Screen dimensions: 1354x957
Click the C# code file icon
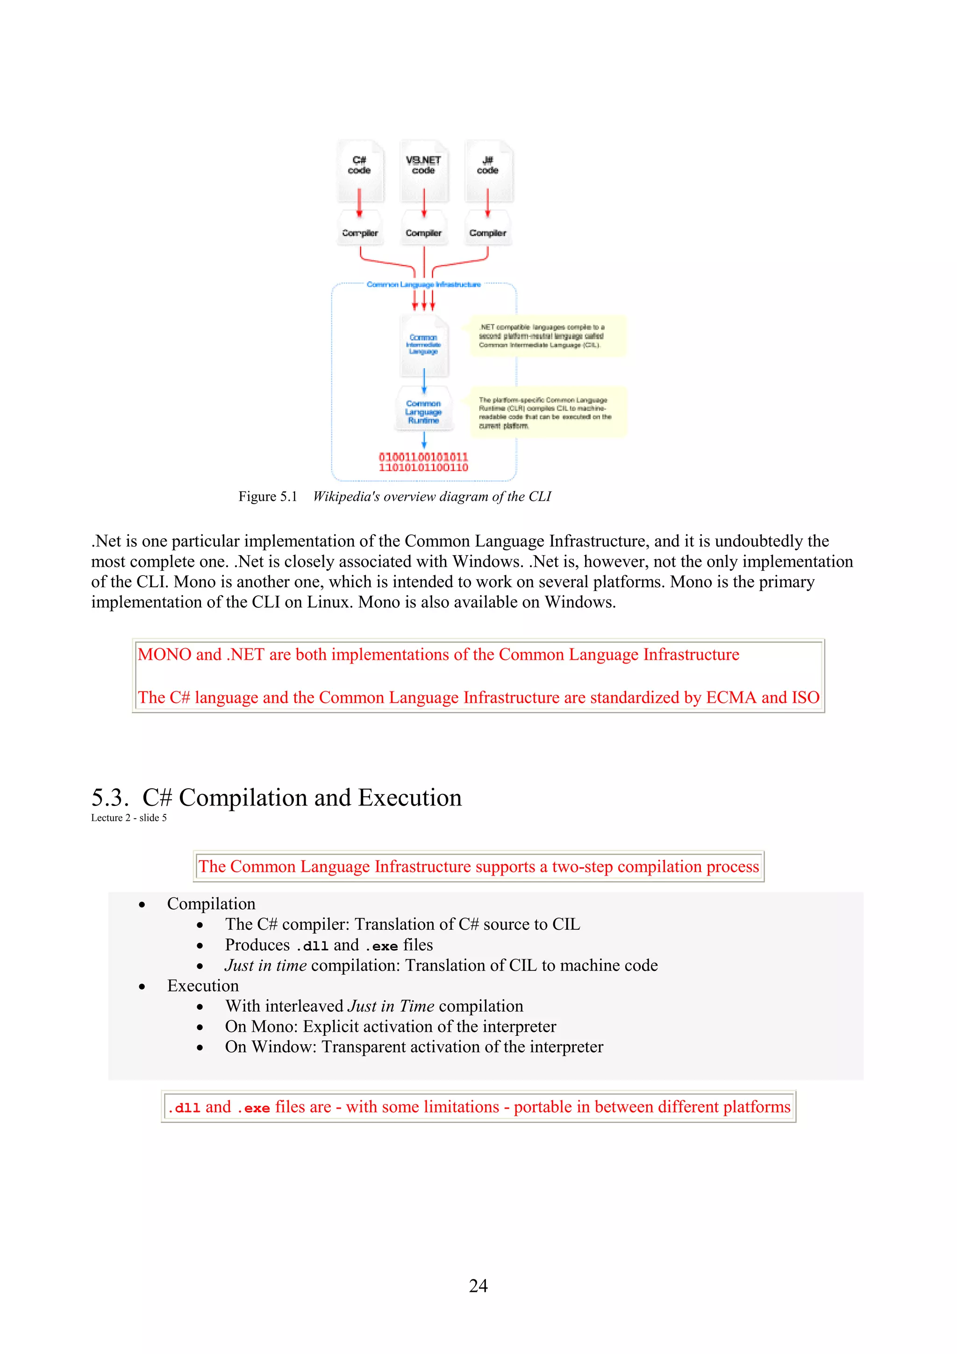click(x=360, y=171)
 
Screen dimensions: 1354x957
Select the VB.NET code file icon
click(x=423, y=171)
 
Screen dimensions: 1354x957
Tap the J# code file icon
click(x=488, y=171)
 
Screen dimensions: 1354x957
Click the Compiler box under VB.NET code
click(x=423, y=233)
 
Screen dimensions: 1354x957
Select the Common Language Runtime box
click(x=423, y=411)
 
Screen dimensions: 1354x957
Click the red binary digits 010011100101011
click(x=423, y=457)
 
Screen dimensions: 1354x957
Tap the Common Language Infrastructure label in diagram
click(x=423, y=284)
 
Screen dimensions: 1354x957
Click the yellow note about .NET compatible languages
click(x=547, y=335)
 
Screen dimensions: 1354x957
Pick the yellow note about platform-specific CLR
click(x=547, y=412)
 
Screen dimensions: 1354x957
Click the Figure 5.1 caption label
click(x=268, y=497)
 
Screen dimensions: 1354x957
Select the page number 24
click(x=478, y=1286)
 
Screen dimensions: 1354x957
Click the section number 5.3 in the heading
click(x=110, y=798)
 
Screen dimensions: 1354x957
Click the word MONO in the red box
click(x=164, y=655)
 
